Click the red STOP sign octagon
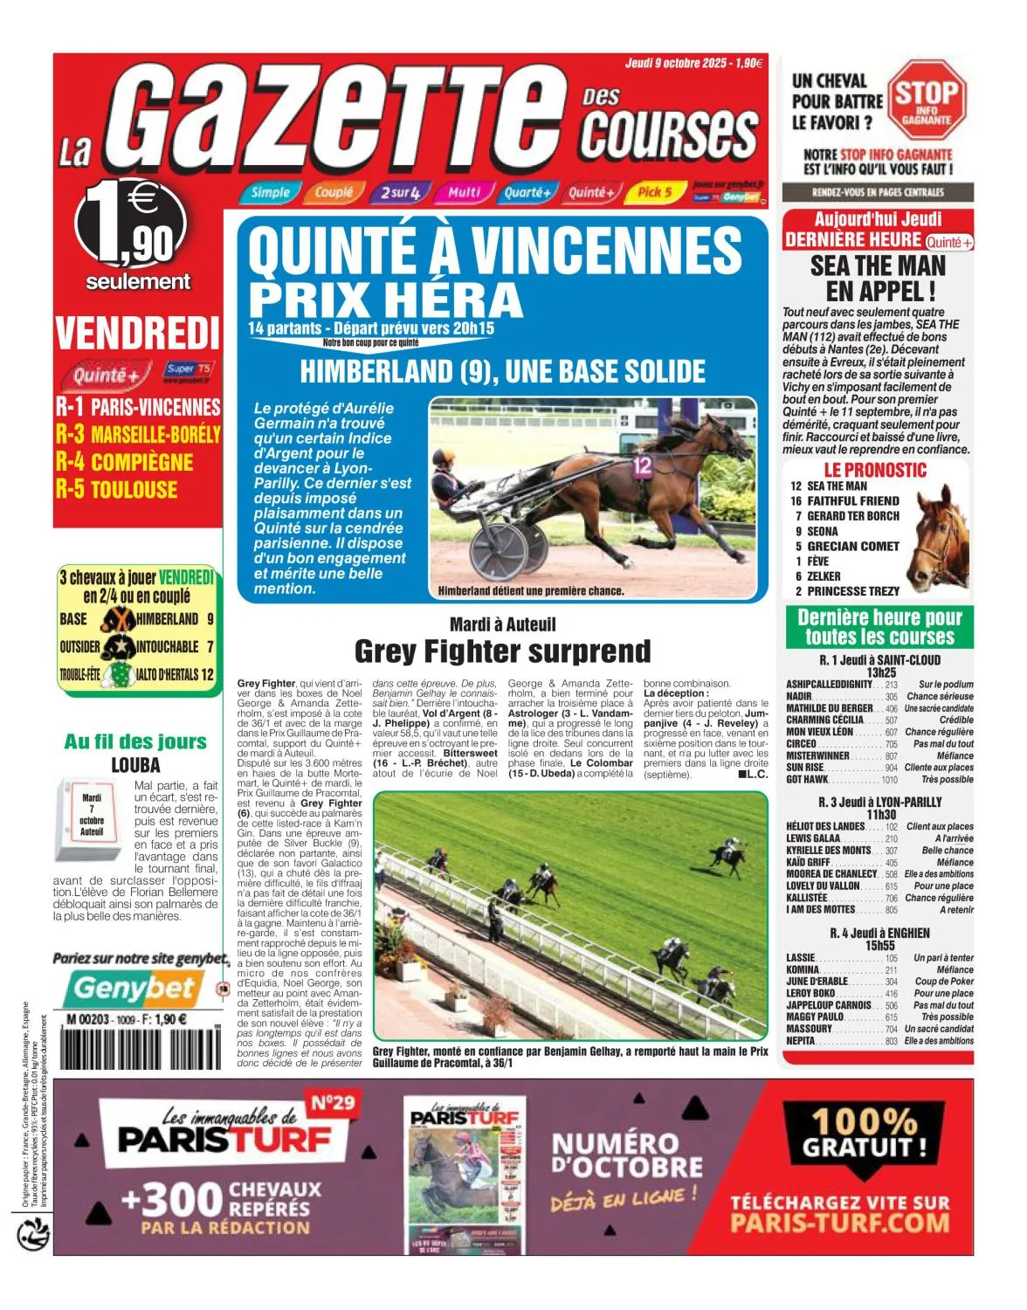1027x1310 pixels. (x=927, y=100)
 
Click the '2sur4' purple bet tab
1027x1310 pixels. (x=400, y=192)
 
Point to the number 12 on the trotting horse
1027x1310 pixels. (x=643, y=466)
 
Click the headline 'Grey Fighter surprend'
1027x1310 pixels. (x=502, y=652)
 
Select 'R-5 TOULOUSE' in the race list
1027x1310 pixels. (x=117, y=489)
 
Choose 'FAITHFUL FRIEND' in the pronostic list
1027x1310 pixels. (x=852, y=500)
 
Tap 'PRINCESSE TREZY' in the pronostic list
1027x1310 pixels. (x=852, y=591)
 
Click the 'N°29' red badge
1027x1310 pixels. (x=333, y=1103)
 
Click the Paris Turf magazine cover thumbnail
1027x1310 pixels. (x=465, y=1173)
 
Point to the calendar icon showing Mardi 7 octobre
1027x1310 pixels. (x=92, y=816)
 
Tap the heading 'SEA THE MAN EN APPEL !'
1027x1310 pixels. (x=878, y=278)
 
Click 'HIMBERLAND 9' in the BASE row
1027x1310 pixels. (x=175, y=619)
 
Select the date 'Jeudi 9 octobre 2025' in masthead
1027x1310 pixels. (x=677, y=63)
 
